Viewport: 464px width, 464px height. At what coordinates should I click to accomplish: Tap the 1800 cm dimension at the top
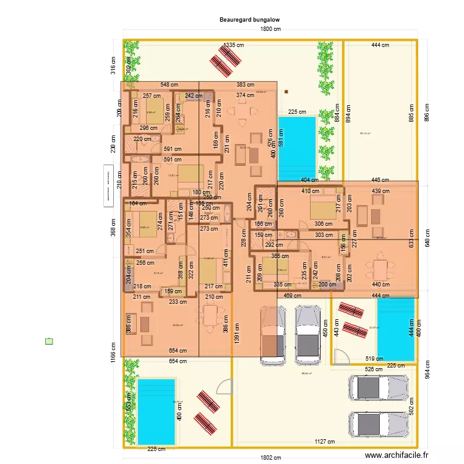[x=270, y=29]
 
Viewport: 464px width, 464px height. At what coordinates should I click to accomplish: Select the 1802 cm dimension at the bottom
[x=270, y=458]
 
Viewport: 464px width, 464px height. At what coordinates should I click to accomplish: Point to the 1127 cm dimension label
[x=325, y=442]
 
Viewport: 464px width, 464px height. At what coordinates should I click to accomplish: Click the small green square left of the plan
[x=49, y=341]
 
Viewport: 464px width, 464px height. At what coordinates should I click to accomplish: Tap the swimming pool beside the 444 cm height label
[x=395, y=330]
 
